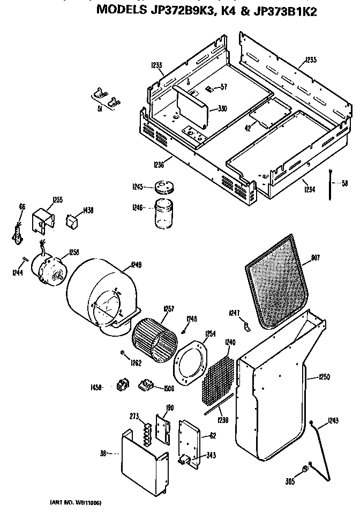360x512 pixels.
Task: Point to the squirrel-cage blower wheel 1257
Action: click(x=155, y=335)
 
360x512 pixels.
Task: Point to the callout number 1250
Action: click(x=324, y=377)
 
